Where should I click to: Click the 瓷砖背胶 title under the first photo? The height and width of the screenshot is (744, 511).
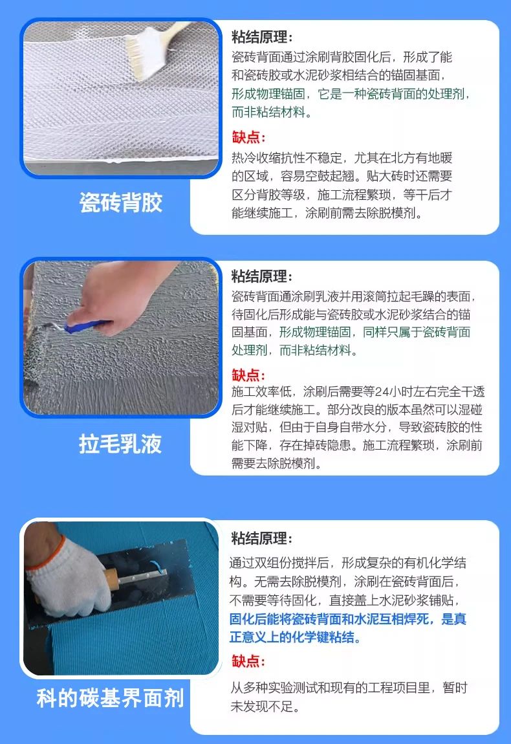[120, 202]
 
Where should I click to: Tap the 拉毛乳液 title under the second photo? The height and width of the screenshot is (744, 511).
[120, 444]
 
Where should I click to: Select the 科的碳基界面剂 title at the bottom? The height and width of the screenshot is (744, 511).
[110, 698]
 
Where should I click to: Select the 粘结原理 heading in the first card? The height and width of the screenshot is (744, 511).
[262, 36]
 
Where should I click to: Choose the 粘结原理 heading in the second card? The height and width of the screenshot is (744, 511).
[262, 276]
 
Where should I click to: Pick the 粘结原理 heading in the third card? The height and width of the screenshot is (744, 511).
[262, 538]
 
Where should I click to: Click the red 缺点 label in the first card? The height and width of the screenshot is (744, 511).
[248, 137]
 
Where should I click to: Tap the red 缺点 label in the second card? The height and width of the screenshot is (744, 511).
[248, 375]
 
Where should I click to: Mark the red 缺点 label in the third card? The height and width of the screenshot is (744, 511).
[248, 661]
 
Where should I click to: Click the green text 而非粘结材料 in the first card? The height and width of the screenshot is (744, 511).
[268, 112]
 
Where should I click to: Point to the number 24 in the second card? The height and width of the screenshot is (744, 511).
[382, 391]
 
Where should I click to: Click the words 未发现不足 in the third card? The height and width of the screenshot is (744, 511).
[262, 706]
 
